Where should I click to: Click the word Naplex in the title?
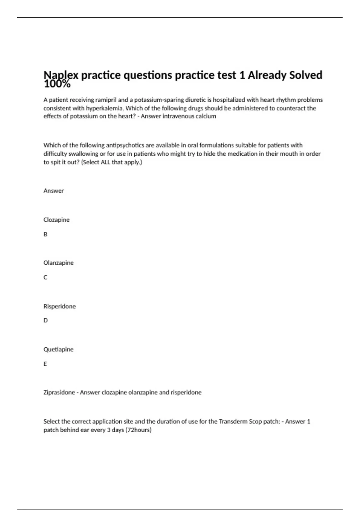(x=61, y=75)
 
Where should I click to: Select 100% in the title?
(x=57, y=84)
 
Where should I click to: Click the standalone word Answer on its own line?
(x=53, y=191)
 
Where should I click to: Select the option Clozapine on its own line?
(x=56, y=220)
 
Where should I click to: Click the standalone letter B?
(x=45, y=234)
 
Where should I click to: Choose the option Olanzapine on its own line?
(x=58, y=263)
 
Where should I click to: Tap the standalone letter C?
(x=45, y=277)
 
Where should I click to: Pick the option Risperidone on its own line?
(x=59, y=306)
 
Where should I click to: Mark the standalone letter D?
(x=46, y=320)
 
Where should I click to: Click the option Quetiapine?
(x=58, y=349)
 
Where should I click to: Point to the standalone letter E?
(x=45, y=364)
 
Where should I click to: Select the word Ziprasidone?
(x=59, y=392)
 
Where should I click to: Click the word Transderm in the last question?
(x=233, y=421)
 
